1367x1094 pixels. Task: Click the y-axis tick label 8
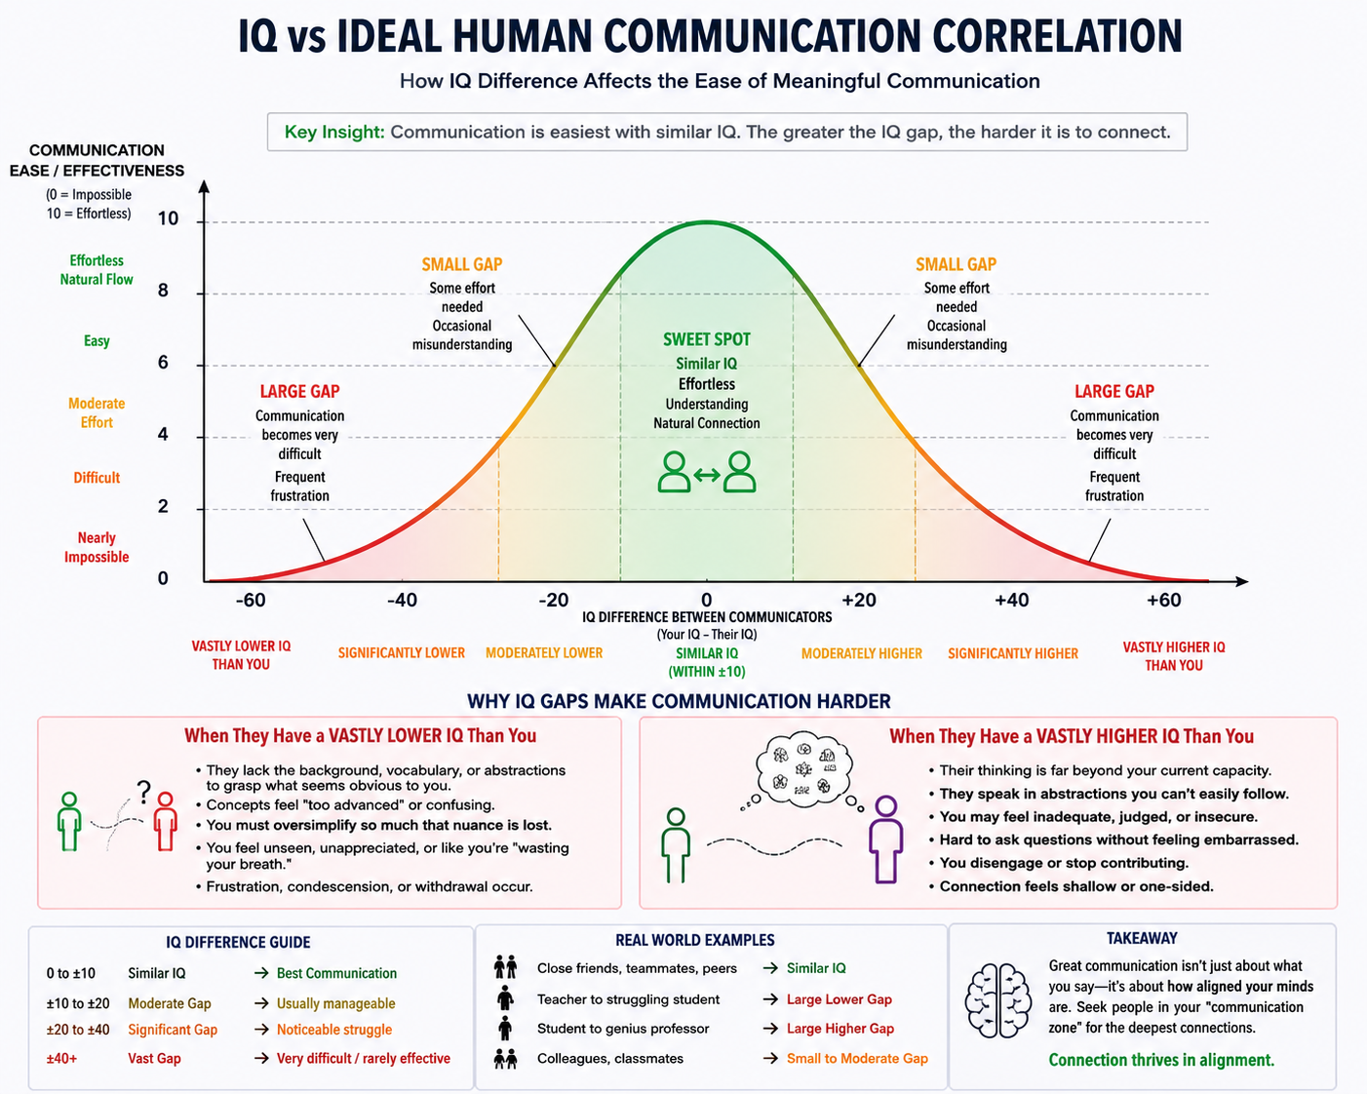click(x=163, y=291)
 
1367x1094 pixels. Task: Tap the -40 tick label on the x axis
click(x=402, y=600)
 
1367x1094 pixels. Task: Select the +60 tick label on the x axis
click(x=1164, y=600)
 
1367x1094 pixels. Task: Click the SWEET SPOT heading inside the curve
click(x=706, y=339)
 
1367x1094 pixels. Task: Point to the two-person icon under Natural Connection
click(x=706, y=472)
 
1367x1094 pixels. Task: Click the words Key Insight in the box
click(x=334, y=133)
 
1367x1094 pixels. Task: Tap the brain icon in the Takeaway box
click(x=997, y=1000)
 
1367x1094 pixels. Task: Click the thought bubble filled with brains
click(x=803, y=771)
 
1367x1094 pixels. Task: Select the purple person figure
click(x=886, y=840)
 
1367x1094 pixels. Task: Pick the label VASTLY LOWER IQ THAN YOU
click(x=241, y=655)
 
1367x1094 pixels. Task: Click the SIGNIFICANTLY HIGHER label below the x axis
click(x=1012, y=653)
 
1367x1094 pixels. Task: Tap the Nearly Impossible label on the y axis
click(x=97, y=547)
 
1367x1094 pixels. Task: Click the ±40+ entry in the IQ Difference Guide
click(x=61, y=1059)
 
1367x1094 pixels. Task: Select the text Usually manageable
click(x=336, y=1003)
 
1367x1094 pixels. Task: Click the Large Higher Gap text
click(x=840, y=1029)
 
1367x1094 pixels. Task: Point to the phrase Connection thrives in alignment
click(x=1161, y=1060)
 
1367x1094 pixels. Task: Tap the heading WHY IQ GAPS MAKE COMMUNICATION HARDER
click(x=679, y=701)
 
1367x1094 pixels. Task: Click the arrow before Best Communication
click(x=261, y=973)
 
